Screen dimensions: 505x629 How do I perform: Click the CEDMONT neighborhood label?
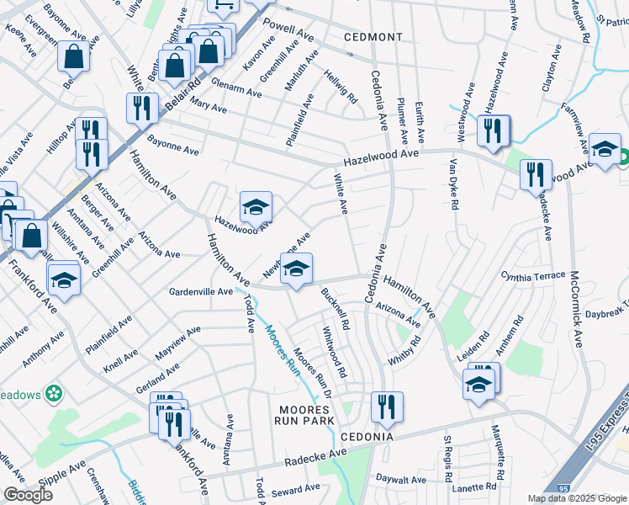pyautogui.click(x=373, y=38)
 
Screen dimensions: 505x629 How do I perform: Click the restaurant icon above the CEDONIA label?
pyautogui.click(x=387, y=407)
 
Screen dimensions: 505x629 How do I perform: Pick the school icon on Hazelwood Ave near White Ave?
pyautogui.click(x=256, y=206)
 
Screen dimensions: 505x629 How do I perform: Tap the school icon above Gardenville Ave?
pyautogui.click(x=295, y=269)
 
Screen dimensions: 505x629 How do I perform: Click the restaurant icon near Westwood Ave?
pyautogui.click(x=493, y=130)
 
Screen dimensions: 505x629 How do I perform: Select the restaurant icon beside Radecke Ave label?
pyautogui.click(x=535, y=175)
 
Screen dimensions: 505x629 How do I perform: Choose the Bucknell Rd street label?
pyautogui.click(x=335, y=308)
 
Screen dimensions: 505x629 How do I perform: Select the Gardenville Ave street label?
pyautogui.click(x=201, y=291)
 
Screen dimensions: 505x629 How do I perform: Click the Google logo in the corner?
pyautogui.click(x=28, y=495)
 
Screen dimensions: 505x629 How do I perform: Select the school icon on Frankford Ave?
pyautogui.click(x=63, y=281)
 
